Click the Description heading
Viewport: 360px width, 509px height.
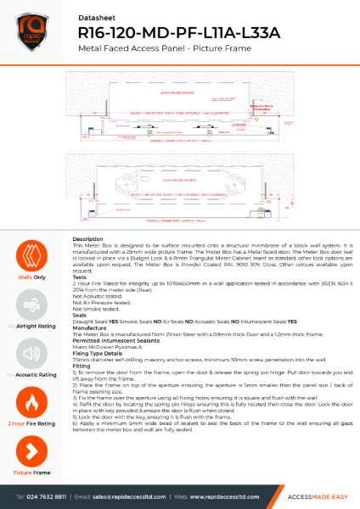[88, 240]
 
